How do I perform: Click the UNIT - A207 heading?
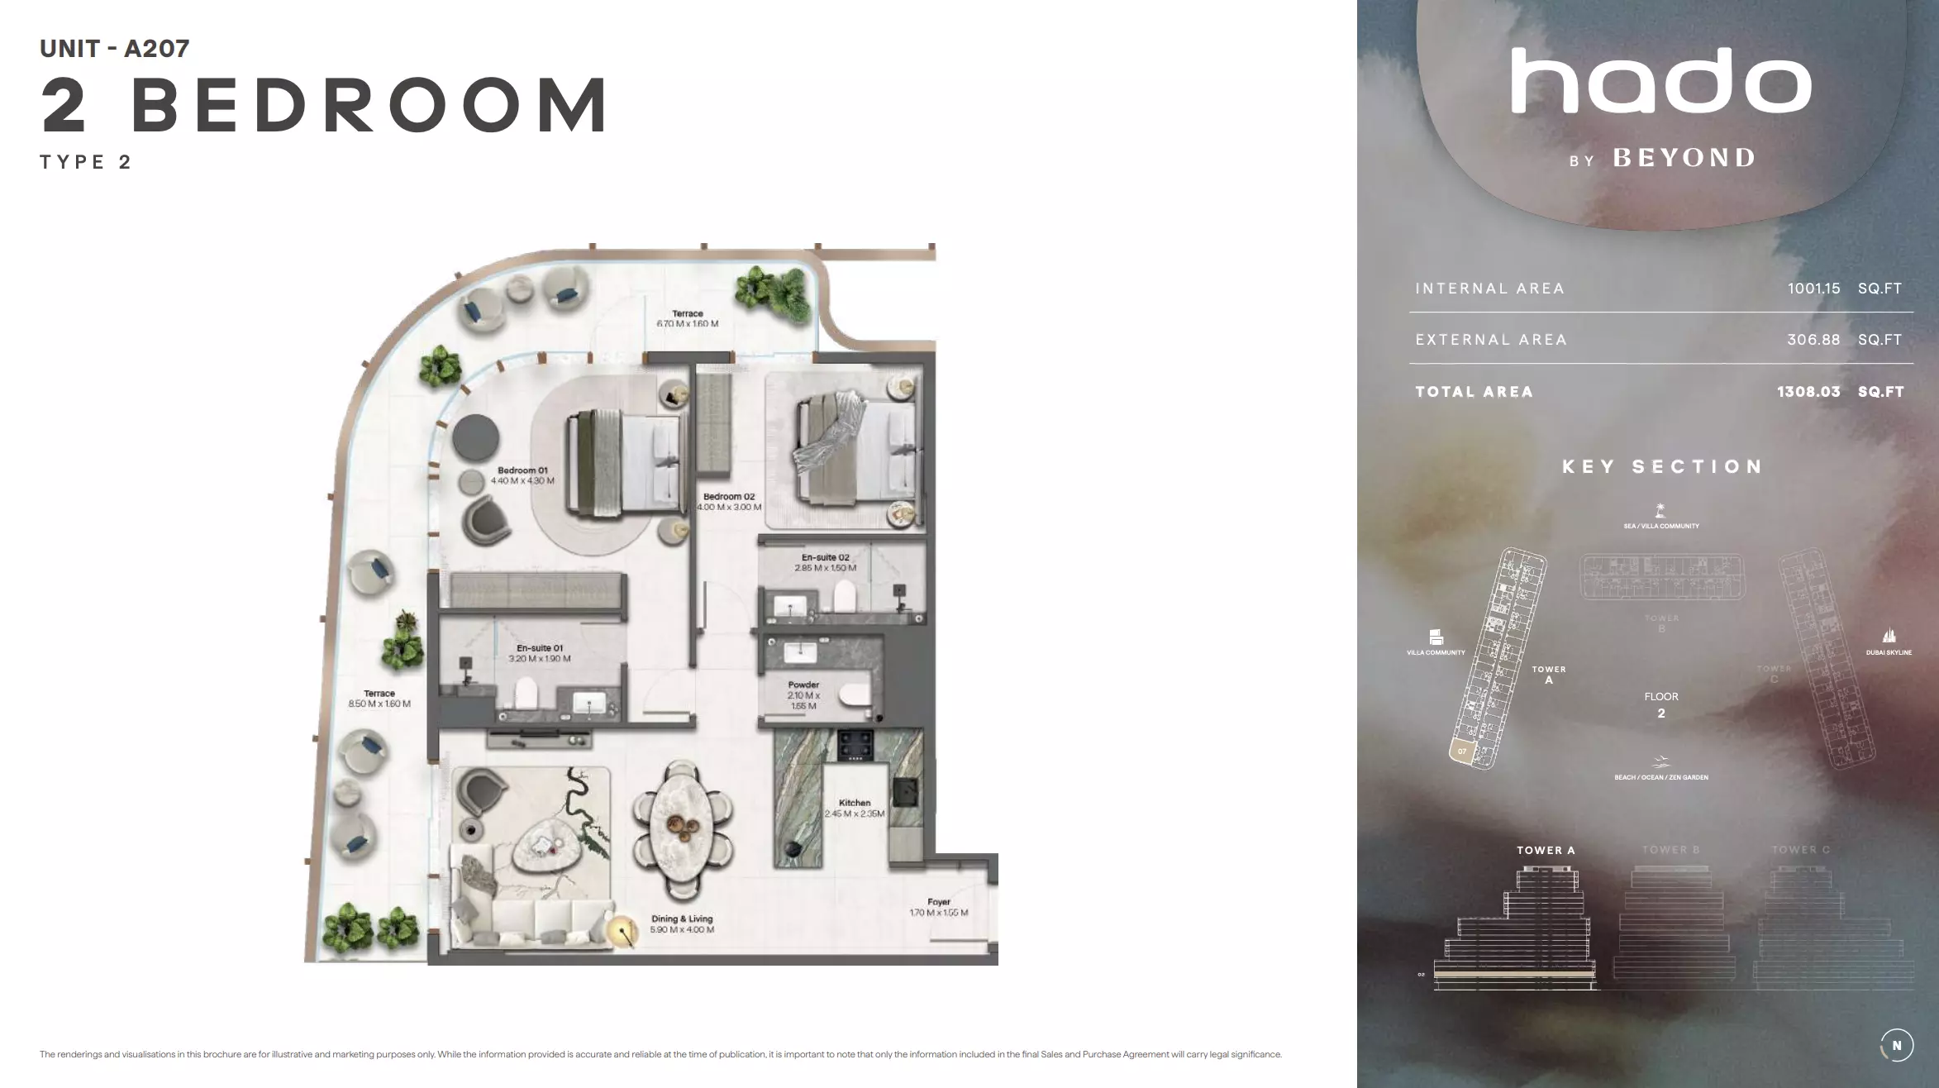pyautogui.click(x=115, y=49)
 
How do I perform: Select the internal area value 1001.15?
pyautogui.click(x=1813, y=289)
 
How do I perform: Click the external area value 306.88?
pyautogui.click(x=1813, y=340)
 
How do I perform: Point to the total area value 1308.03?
pyautogui.click(x=1808, y=392)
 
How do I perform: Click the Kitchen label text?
pyautogui.click(x=855, y=803)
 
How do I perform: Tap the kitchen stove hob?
pyautogui.click(x=855, y=745)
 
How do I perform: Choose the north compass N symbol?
pyautogui.click(x=1896, y=1045)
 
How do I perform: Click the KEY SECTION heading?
pyautogui.click(x=1661, y=466)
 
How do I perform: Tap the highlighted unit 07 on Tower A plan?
pyautogui.click(x=1462, y=751)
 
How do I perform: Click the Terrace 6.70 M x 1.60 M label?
pyautogui.click(x=687, y=318)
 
